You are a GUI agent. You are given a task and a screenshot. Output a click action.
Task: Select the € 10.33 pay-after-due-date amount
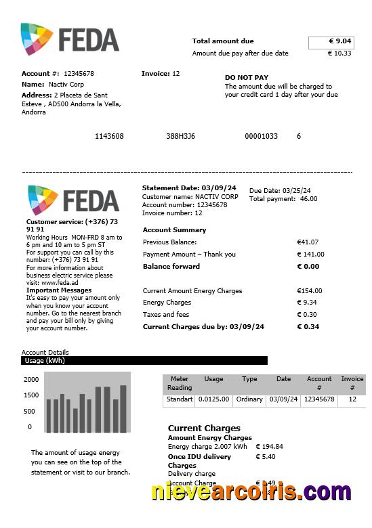click(339, 53)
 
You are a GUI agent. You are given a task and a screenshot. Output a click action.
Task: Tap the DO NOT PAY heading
click(247, 77)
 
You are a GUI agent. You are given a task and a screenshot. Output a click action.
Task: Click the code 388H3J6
click(180, 136)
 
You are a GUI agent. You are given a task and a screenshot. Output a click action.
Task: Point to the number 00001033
click(261, 136)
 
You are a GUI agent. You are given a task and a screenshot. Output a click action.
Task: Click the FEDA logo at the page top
click(70, 39)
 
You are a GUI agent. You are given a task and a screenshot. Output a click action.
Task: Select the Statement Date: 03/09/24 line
click(189, 188)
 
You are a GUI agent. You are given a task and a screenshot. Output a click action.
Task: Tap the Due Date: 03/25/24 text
click(280, 191)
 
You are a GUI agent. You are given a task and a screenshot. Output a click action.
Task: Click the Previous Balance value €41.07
click(308, 242)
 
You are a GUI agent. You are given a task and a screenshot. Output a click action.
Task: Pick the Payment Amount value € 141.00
click(310, 255)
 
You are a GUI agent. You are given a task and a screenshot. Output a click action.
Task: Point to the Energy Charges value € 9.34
click(307, 303)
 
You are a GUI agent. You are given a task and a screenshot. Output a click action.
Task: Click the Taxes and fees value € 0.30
click(307, 315)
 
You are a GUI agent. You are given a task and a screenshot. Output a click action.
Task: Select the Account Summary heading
click(174, 230)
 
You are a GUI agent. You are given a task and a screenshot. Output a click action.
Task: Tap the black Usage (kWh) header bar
click(144, 361)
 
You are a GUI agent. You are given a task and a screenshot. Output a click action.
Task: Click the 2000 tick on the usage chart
click(31, 379)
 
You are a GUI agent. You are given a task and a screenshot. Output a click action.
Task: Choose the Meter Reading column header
click(180, 383)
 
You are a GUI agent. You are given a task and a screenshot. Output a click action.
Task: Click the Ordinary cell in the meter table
click(249, 399)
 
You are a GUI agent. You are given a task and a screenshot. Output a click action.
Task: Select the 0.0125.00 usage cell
click(213, 399)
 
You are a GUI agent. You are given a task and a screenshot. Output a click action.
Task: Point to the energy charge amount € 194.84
click(269, 447)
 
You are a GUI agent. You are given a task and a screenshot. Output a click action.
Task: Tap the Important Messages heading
click(58, 290)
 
